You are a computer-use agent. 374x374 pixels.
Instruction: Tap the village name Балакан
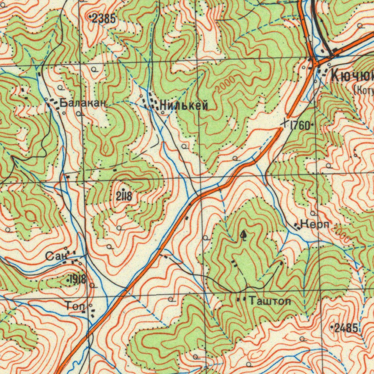point(83,103)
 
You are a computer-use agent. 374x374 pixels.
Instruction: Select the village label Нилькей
point(184,106)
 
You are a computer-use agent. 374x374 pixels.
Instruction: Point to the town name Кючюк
point(352,76)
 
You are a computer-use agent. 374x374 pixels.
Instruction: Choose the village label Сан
point(55,256)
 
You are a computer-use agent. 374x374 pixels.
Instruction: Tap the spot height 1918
point(78,280)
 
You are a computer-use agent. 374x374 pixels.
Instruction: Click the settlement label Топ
point(76,306)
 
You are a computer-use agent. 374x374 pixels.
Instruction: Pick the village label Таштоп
point(270,301)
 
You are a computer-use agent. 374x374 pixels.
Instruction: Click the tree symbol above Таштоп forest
point(244,236)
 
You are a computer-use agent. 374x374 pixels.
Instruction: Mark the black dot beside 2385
point(90,17)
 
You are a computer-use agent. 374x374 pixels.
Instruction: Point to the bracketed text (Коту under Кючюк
point(363,90)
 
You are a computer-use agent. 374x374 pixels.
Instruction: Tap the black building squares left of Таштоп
point(241,299)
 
